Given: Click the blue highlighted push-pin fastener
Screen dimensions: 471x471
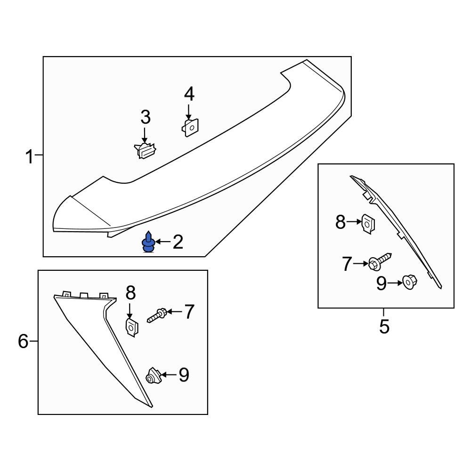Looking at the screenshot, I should click(x=149, y=243).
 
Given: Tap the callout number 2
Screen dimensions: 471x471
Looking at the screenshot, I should click(x=178, y=242).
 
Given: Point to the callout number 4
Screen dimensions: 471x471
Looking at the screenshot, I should click(x=189, y=95).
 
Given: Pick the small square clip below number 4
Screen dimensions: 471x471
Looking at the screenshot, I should click(x=191, y=127).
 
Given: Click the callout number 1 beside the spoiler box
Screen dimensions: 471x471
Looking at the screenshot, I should click(x=30, y=156).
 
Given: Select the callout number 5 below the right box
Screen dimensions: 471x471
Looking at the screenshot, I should click(x=384, y=326).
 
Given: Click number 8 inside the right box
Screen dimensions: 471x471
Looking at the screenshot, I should click(x=341, y=222).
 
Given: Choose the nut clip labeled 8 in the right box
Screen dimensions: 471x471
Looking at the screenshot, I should click(x=367, y=223).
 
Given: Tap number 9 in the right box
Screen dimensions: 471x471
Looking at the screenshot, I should click(x=382, y=283).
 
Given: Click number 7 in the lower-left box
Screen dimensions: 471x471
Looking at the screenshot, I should click(x=188, y=312).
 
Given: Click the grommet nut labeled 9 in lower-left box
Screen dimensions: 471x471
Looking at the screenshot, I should click(x=153, y=376).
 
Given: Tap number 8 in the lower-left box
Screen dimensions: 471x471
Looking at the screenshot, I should click(x=130, y=293).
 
